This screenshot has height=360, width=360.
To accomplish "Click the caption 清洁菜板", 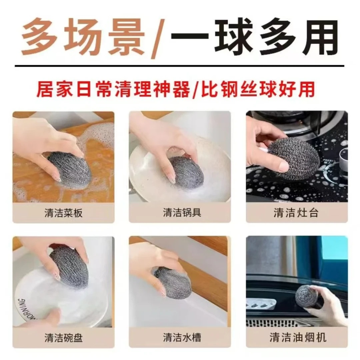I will (x=63, y=213).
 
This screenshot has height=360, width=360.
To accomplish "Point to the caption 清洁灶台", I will (x=296, y=213).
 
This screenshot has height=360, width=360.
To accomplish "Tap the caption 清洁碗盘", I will (x=63, y=338).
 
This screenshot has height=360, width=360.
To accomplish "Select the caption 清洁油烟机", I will (x=296, y=338).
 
